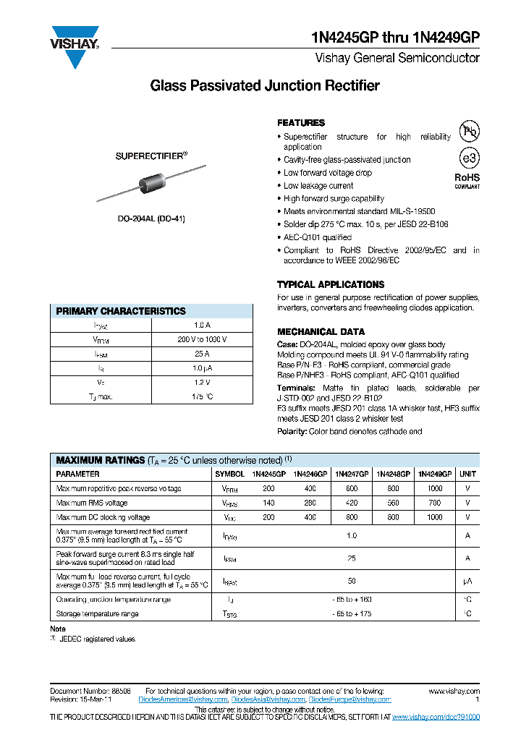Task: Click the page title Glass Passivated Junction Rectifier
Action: [x=264, y=86]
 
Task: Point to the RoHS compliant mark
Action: [x=467, y=180]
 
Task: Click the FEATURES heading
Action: [x=301, y=123]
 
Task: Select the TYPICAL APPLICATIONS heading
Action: [x=331, y=284]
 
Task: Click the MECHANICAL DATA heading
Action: [x=321, y=331]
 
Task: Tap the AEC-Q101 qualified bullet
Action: [x=318, y=237]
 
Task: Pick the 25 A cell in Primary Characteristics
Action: [x=202, y=354]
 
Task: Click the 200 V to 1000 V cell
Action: [x=202, y=339]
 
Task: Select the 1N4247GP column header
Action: [x=352, y=474]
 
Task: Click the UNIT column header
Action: [x=467, y=474]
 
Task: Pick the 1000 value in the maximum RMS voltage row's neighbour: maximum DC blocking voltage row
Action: [x=434, y=517]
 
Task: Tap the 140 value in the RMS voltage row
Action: [x=268, y=503]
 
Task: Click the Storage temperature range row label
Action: [x=97, y=613]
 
